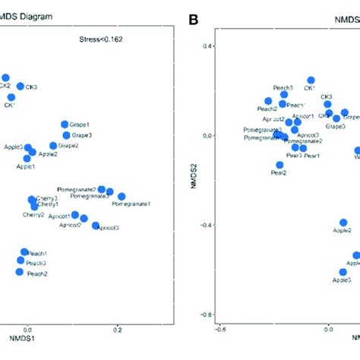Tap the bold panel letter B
[193, 16]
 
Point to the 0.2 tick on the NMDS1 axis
[117, 331]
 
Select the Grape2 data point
[54, 145]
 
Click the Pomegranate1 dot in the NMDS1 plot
[122, 197]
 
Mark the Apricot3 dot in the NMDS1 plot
[95, 226]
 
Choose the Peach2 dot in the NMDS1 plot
[19, 271]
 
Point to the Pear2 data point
[279, 165]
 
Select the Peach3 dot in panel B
[284, 95]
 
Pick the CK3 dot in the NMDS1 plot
[21, 86]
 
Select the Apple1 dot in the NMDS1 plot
[27, 158]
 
